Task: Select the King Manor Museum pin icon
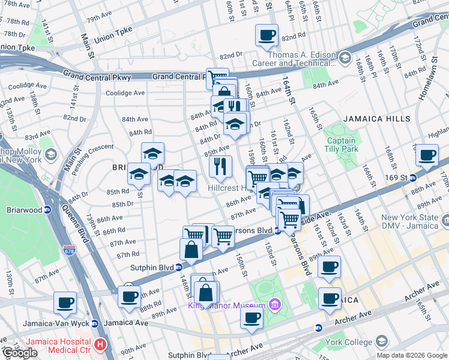coord(275,304)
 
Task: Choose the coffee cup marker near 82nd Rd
coord(267,35)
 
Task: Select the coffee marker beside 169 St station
coord(427,155)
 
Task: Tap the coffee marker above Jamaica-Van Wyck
coord(65,302)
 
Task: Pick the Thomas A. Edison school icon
coord(345,58)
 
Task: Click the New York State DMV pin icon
coord(444,221)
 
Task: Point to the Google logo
coord(20,353)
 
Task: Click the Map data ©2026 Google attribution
coord(412,355)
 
